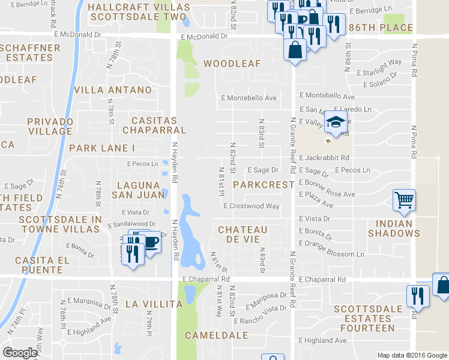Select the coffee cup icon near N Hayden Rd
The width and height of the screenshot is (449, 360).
point(151,242)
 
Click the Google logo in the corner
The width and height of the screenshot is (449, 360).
point(20,353)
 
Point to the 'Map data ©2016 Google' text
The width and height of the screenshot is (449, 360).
point(412,355)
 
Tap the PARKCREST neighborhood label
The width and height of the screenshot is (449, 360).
point(264,184)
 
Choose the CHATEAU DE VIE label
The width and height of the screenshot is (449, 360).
point(243,235)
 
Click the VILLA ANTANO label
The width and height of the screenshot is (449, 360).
point(113,90)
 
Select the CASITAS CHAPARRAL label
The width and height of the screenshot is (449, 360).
point(154,125)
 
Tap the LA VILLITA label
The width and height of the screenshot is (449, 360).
point(154,304)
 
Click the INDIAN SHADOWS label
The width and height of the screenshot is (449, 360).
point(394,229)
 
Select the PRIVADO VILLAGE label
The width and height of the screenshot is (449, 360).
point(50,126)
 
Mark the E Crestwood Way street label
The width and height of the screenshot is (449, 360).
point(252,206)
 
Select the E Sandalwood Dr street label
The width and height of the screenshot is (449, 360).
point(132,224)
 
